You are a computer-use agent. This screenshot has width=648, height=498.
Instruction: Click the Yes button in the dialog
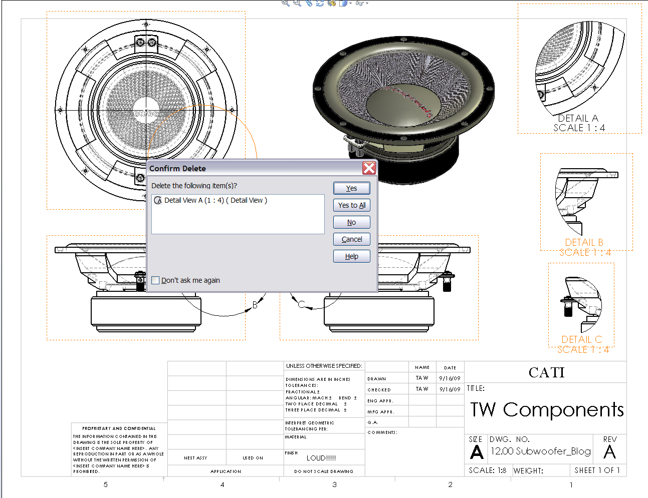click(351, 188)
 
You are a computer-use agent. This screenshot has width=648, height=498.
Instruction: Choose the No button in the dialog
click(351, 222)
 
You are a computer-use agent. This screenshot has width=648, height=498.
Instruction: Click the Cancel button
click(351, 239)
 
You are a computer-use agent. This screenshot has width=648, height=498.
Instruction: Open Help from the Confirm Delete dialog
click(351, 256)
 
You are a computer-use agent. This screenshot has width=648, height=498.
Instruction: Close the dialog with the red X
click(369, 168)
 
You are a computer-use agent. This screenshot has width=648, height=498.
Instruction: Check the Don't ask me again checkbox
click(156, 280)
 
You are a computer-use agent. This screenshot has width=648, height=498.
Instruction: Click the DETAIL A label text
click(578, 118)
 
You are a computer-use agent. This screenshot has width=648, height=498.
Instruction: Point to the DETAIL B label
click(584, 242)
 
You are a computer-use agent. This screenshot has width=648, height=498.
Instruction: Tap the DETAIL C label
click(581, 339)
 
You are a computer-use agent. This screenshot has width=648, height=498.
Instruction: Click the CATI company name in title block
click(546, 372)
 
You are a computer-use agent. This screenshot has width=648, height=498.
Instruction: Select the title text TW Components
click(547, 409)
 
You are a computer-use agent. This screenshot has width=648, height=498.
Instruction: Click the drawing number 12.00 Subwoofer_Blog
click(540, 451)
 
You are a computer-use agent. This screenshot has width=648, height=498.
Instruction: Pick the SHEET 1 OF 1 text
click(597, 470)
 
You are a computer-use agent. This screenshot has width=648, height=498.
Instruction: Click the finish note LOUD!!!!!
click(321, 458)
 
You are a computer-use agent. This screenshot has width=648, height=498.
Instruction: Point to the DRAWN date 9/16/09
click(450, 378)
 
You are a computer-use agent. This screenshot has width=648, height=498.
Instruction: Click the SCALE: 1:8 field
click(488, 470)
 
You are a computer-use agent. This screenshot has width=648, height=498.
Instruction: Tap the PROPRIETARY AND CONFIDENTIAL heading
click(119, 428)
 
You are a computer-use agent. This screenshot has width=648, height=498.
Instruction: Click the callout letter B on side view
click(255, 305)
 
